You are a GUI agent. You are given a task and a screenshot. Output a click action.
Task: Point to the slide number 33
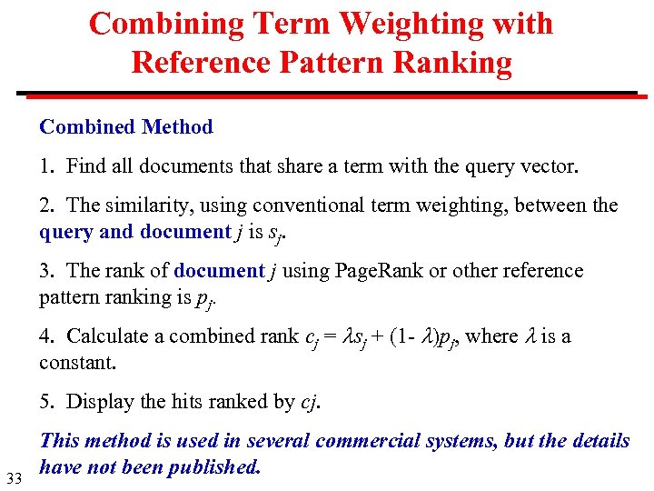point(14,479)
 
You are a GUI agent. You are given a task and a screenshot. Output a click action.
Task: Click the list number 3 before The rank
point(45,271)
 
